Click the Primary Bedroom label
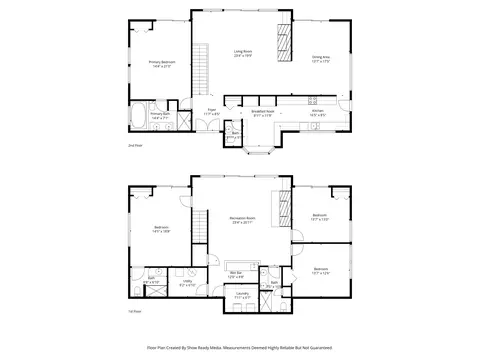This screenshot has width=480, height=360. pyautogui.click(x=161, y=64)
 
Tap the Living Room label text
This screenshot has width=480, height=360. pyautogui.click(x=243, y=53)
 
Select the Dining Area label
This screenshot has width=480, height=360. pyautogui.click(x=321, y=59)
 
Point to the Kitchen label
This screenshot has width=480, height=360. pyautogui.click(x=317, y=112)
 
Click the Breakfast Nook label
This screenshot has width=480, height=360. pyautogui.click(x=263, y=112)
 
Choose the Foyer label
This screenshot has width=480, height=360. pyautogui.click(x=212, y=112)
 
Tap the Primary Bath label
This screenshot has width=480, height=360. pyautogui.click(x=161, y=116)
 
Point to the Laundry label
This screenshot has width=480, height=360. pyautogui.click(x=243, y=296)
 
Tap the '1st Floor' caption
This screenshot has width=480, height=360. pyautogui.click(x=133, y=312)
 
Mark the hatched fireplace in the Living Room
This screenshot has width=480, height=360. pyautogui.click(x=283, y=41)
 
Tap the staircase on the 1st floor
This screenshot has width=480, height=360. pyautogui.click(x=201, y=235)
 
